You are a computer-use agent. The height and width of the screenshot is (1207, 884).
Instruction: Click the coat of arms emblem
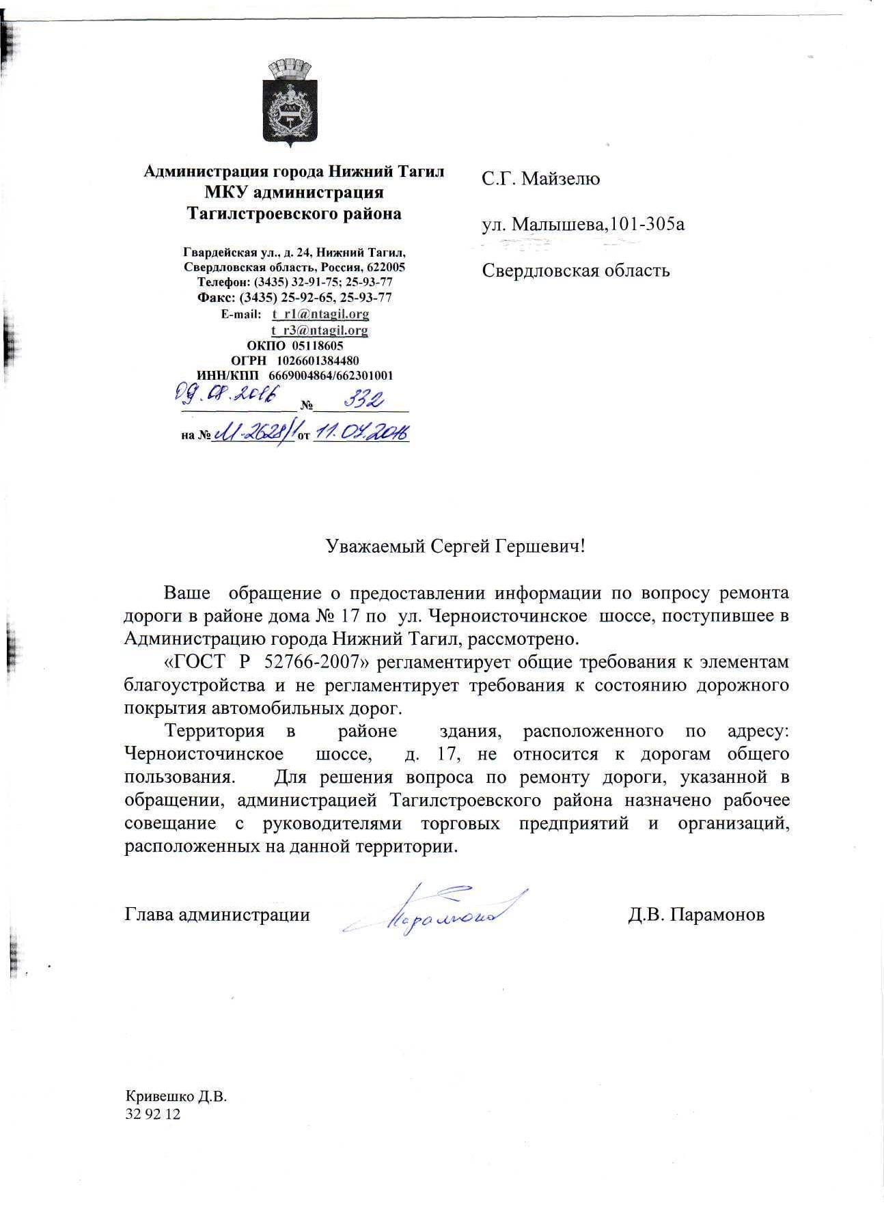pyautogui.click(x=290, y=103)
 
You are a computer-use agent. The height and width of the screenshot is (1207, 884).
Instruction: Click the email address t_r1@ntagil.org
pyautogui.click(x=320, y=314)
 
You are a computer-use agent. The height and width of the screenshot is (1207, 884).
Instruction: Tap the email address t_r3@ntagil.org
pyautogui.click(x=320, y=331)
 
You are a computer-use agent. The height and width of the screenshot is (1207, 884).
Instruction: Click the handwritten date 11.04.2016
pyautogui.click(x=361, y=432)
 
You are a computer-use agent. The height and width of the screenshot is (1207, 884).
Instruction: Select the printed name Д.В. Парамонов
pyautogui.click(x=695, y=915)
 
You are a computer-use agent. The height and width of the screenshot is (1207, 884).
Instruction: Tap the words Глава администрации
pyautogui.click(x=217, y=915)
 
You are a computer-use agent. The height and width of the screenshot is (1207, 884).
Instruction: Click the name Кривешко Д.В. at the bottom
pyautogui.click(x=176, y=1097)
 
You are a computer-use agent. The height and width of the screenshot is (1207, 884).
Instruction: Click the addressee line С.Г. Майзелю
pyautogui.click(x=540, y=179)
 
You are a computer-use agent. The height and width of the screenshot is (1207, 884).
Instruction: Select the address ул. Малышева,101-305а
pyautogui.click(x=583, y=224)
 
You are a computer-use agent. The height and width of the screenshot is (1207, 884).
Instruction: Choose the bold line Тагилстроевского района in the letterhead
pyautogui.click(x=294, y=214)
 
